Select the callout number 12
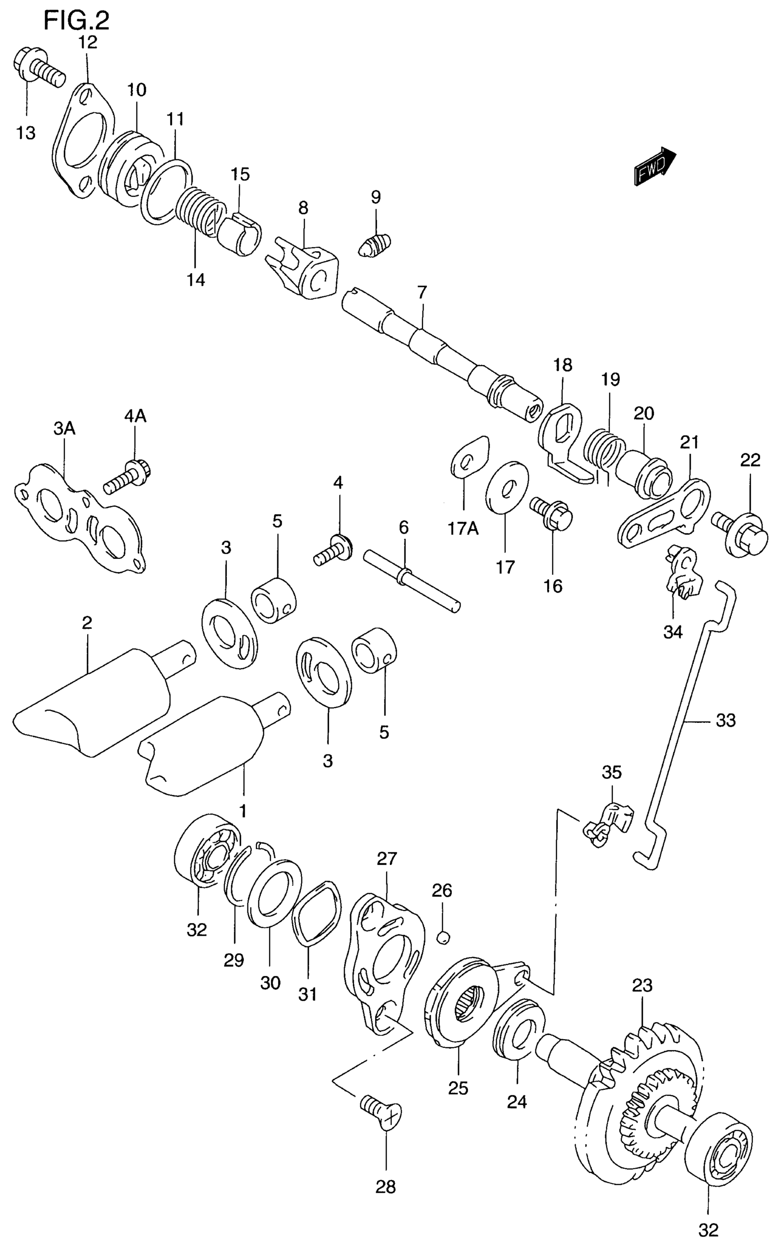pyautogui.click(x=87, y=42)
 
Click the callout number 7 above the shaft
pyautogui.click(x=421, y=293)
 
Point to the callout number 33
pyautogui.click(x=726, y=721)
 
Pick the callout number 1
pyautogui.click(x=243, y=811)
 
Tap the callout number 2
pyautogui.click(x=87, y=623)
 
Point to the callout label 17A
pyautogui.click(x=463, y=528)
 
